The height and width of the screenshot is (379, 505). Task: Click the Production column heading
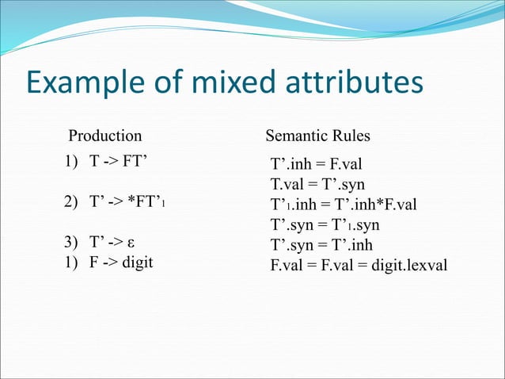coord(104,136)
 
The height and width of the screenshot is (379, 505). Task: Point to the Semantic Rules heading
coord(317,136)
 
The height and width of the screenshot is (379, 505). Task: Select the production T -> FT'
coord(120,162)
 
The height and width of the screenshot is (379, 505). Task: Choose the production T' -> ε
coord(119,243)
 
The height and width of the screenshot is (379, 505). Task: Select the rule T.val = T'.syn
coord(317,186)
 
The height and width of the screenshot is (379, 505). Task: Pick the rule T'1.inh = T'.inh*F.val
coord(343,205)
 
